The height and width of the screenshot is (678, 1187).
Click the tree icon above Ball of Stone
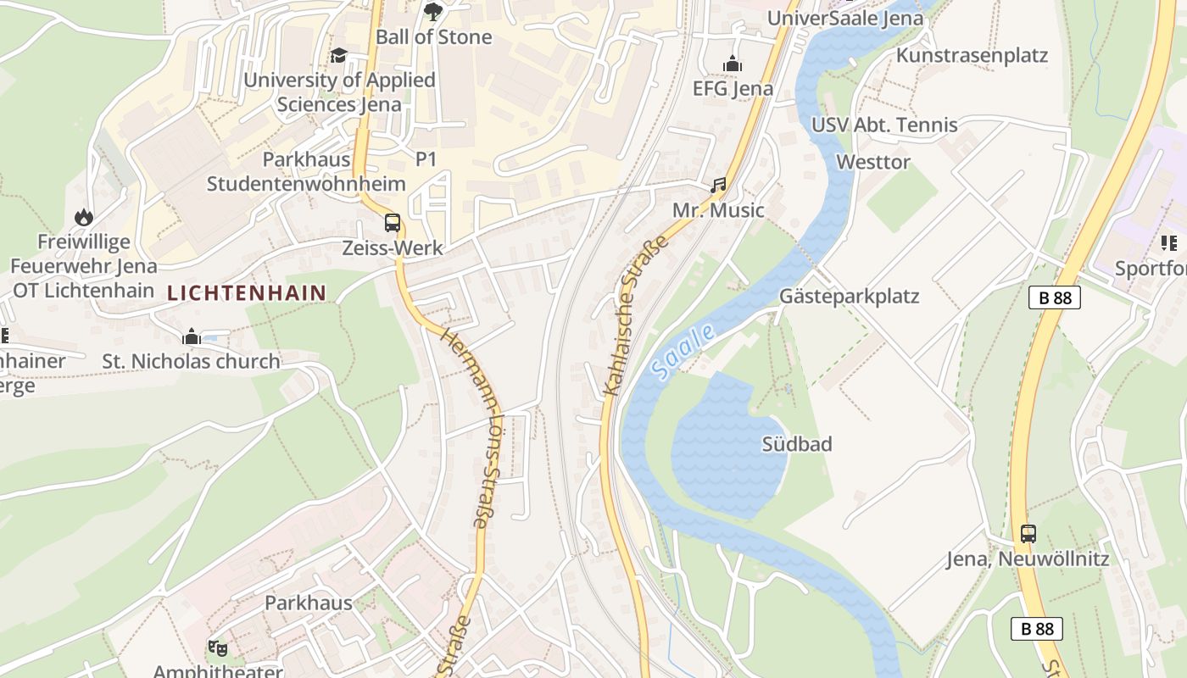[x=433, y=11]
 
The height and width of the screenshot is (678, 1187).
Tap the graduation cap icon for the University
[x=339, y=55]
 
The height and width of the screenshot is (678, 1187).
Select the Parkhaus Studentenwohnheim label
[x=306, y=171]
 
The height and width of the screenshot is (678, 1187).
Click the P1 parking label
[x=426, y=159]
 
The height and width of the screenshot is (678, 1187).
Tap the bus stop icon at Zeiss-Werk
[x=393, y=223]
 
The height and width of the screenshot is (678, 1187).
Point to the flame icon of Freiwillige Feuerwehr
[x=83, y=217]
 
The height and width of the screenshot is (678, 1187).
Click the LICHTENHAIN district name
[x=247, y=293]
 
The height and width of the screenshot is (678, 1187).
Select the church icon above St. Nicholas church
[x=192, y=336]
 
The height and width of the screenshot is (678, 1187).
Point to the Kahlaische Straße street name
[x=635, y=316]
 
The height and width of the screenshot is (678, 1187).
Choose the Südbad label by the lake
[x=797, y=444]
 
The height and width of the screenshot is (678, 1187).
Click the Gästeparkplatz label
[x=849, y=297]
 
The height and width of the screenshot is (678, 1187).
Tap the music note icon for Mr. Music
[x=719, y=185]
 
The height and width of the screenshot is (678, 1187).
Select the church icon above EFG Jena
[x=733, y=64]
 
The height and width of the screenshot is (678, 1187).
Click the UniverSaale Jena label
[x=844, y=19]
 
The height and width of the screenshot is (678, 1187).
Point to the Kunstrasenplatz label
[x=972, y=56]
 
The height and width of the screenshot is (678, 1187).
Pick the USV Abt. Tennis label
[x=884, y=125]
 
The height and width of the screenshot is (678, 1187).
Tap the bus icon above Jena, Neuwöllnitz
[x=1028, y=534]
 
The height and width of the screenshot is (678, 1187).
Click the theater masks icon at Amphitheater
[x=218, y=648]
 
